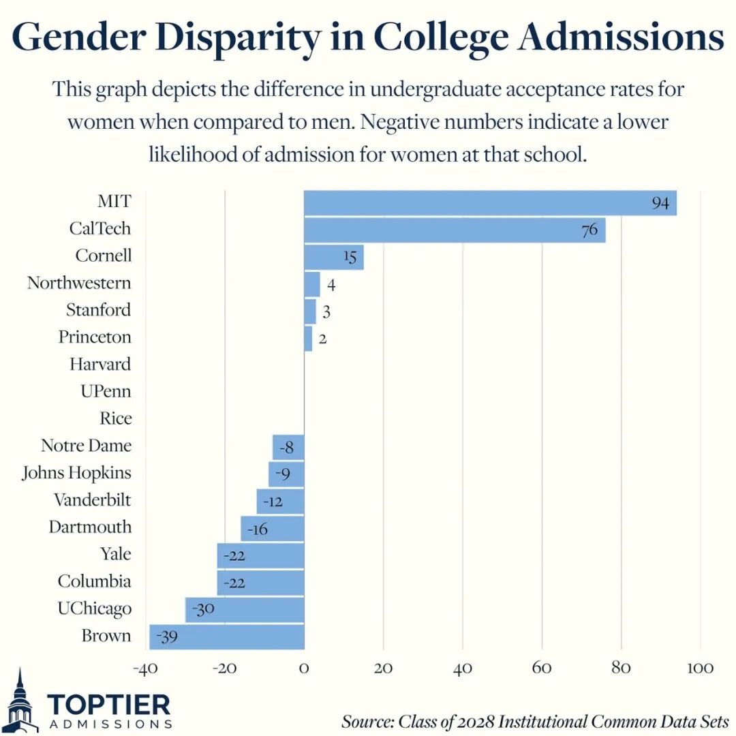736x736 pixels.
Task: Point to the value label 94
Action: pos(660,203)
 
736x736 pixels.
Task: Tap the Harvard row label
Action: pos(100,364)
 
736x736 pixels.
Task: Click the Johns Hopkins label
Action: pos(76,472)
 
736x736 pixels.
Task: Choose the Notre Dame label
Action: pos(86,446)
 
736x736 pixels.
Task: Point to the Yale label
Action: pos(115,554)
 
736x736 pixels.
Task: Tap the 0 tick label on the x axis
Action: pos(304,668)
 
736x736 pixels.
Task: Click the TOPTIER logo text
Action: pos(109,705)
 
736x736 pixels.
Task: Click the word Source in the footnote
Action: pos(367,721)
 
